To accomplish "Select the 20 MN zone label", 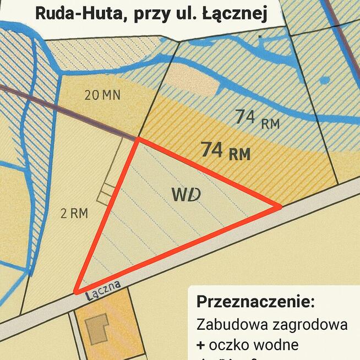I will point(102,95).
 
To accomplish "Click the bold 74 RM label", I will point(226,151).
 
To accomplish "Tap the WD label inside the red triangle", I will point(186,195).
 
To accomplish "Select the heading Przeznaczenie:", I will point(255,302).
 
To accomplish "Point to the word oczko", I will point(233,345).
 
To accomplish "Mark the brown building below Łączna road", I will point(97,330).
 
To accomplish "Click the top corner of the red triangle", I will point(137,140).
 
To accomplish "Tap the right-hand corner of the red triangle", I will point(280,208).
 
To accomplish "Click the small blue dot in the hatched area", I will point(324,80).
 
